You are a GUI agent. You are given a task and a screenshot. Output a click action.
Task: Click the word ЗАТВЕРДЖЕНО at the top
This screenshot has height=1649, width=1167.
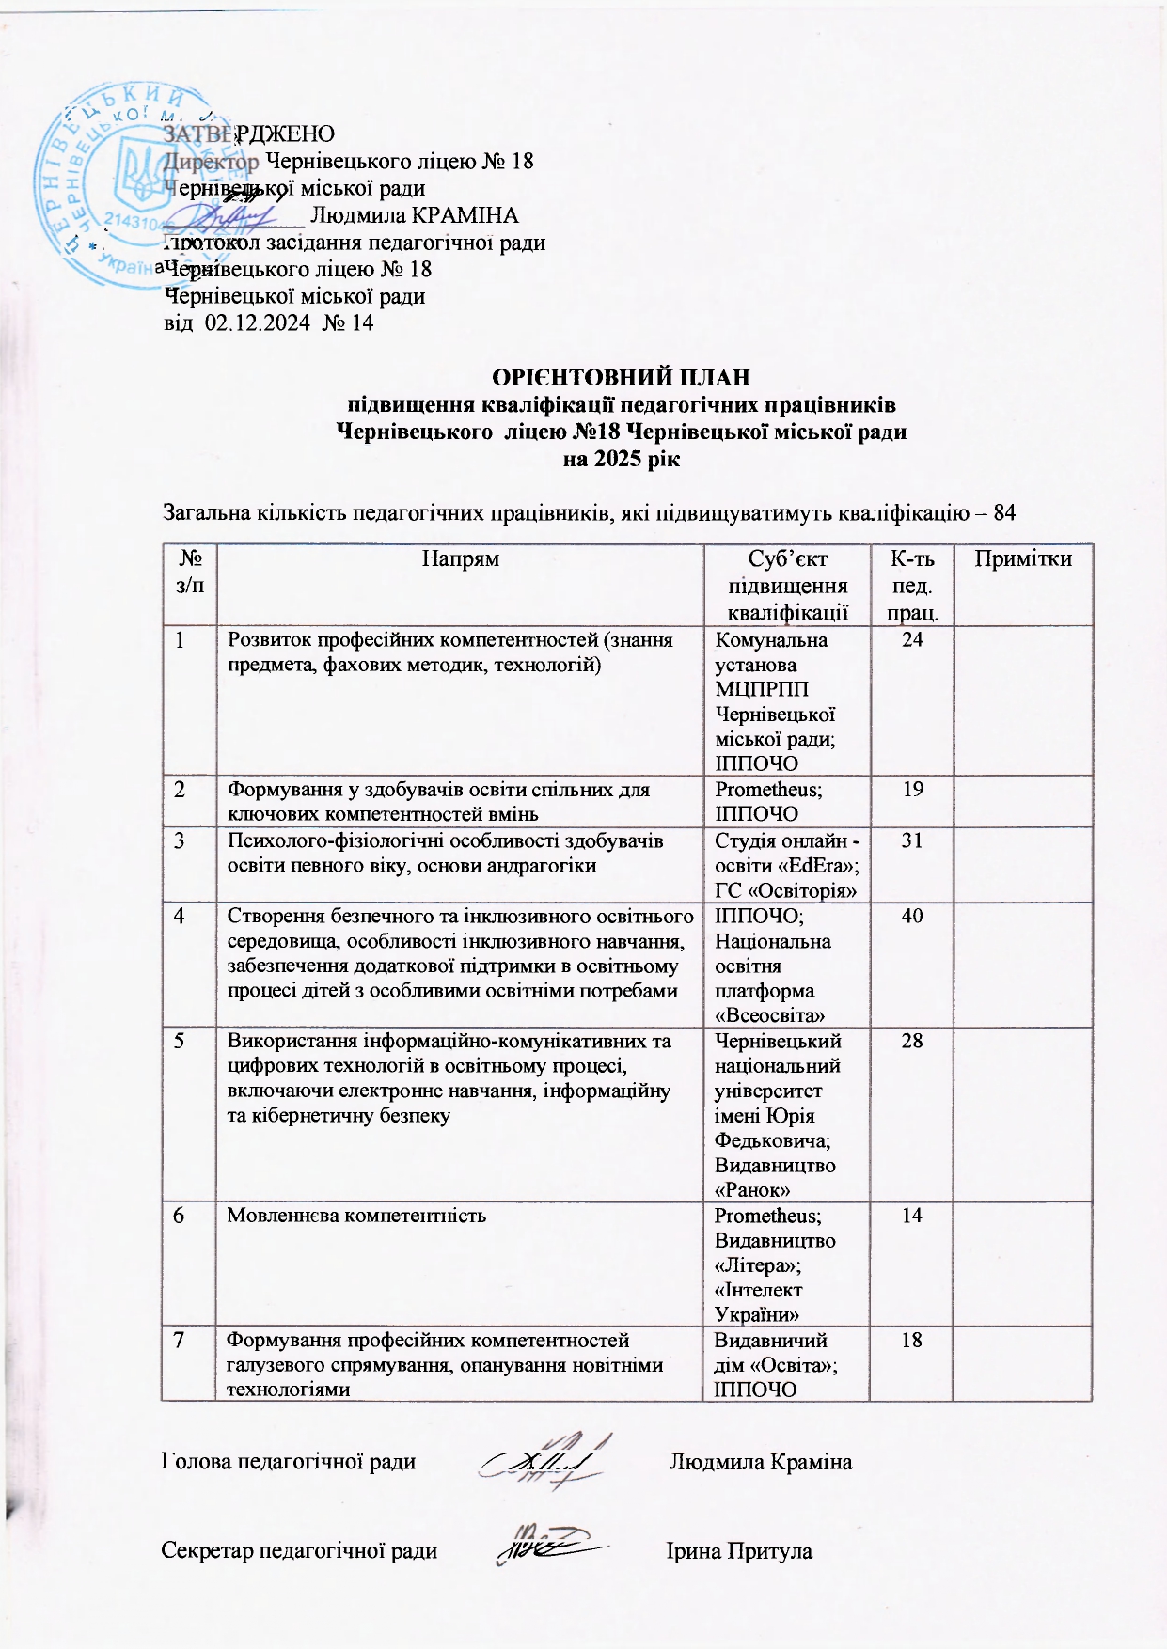[x=249, y=133]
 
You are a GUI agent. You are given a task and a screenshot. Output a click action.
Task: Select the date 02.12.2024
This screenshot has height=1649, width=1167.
[x=258, y=323]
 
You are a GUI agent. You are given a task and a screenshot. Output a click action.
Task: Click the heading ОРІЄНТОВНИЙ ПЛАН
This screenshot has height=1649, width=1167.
[x=622, y=378]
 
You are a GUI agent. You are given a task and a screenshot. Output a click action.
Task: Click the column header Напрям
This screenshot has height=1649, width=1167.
[x=460, y=558]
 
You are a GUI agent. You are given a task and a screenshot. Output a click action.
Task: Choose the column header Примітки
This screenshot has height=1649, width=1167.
[x=1023, y=558]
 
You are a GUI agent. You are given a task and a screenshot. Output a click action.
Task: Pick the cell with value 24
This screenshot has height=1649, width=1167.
[x=911, y=640]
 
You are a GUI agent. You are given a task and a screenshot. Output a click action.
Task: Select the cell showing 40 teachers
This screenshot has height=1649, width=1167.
[x=911, y=916]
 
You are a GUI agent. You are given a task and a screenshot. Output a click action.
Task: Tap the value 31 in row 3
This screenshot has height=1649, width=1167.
[x=911, y=840]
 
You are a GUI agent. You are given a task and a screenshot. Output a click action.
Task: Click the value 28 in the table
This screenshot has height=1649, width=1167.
[x=911, y=1041]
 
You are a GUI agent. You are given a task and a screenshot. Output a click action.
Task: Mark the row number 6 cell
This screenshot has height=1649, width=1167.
[x=178, y=1216]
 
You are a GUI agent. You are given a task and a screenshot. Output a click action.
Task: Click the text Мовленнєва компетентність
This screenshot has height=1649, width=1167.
[x=356, y=1216]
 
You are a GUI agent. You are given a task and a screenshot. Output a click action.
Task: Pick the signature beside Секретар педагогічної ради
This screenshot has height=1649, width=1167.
[x=550, y=1543]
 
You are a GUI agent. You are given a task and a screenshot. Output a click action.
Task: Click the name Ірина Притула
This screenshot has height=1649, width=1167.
[x=739, y=1550]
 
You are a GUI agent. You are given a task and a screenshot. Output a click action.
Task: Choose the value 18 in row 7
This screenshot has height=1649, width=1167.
[x=911, y=1341]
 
